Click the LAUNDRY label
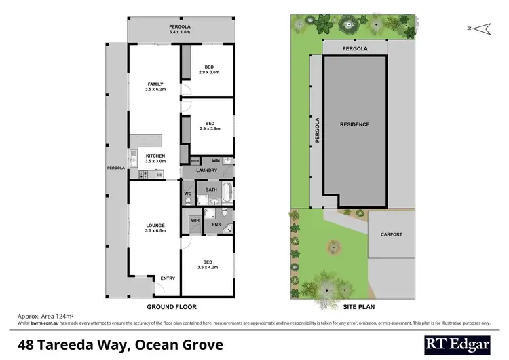coord(206,170)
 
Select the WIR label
coord(195,220)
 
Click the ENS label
coord(216,224)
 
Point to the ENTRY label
coord(166,278)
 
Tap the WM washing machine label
coord(215,160)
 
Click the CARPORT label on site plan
coord(391,235)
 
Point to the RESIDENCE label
coord(354,124)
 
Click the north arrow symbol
coord(480,29)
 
